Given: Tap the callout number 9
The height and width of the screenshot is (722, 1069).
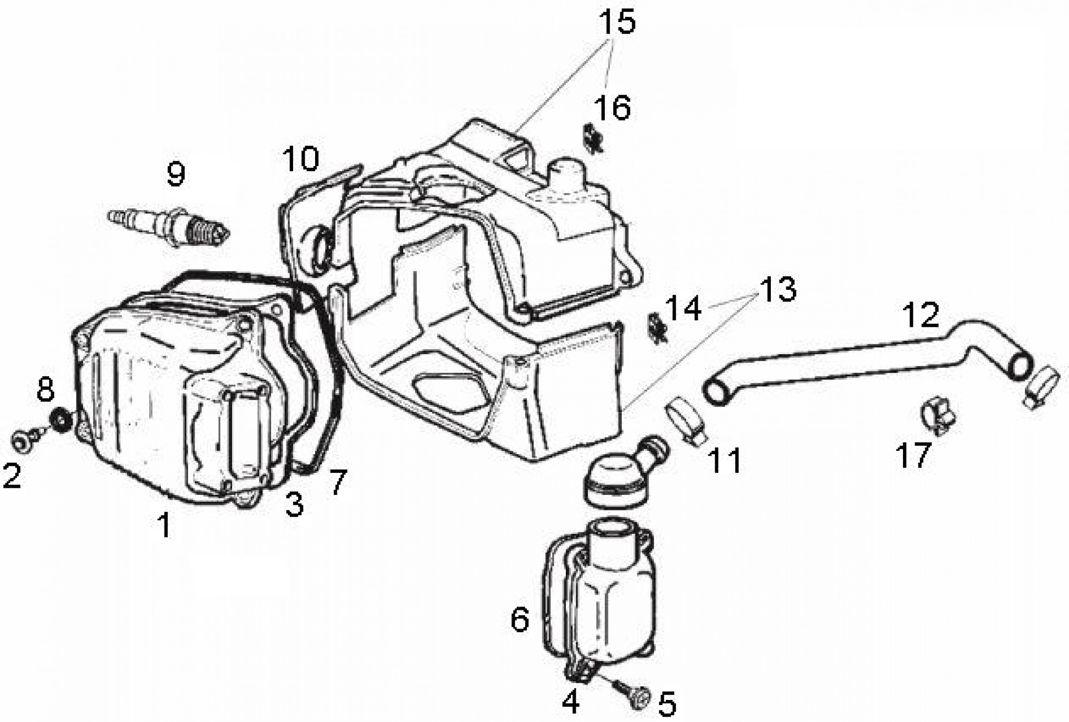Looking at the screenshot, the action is click(x=176, y=174).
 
